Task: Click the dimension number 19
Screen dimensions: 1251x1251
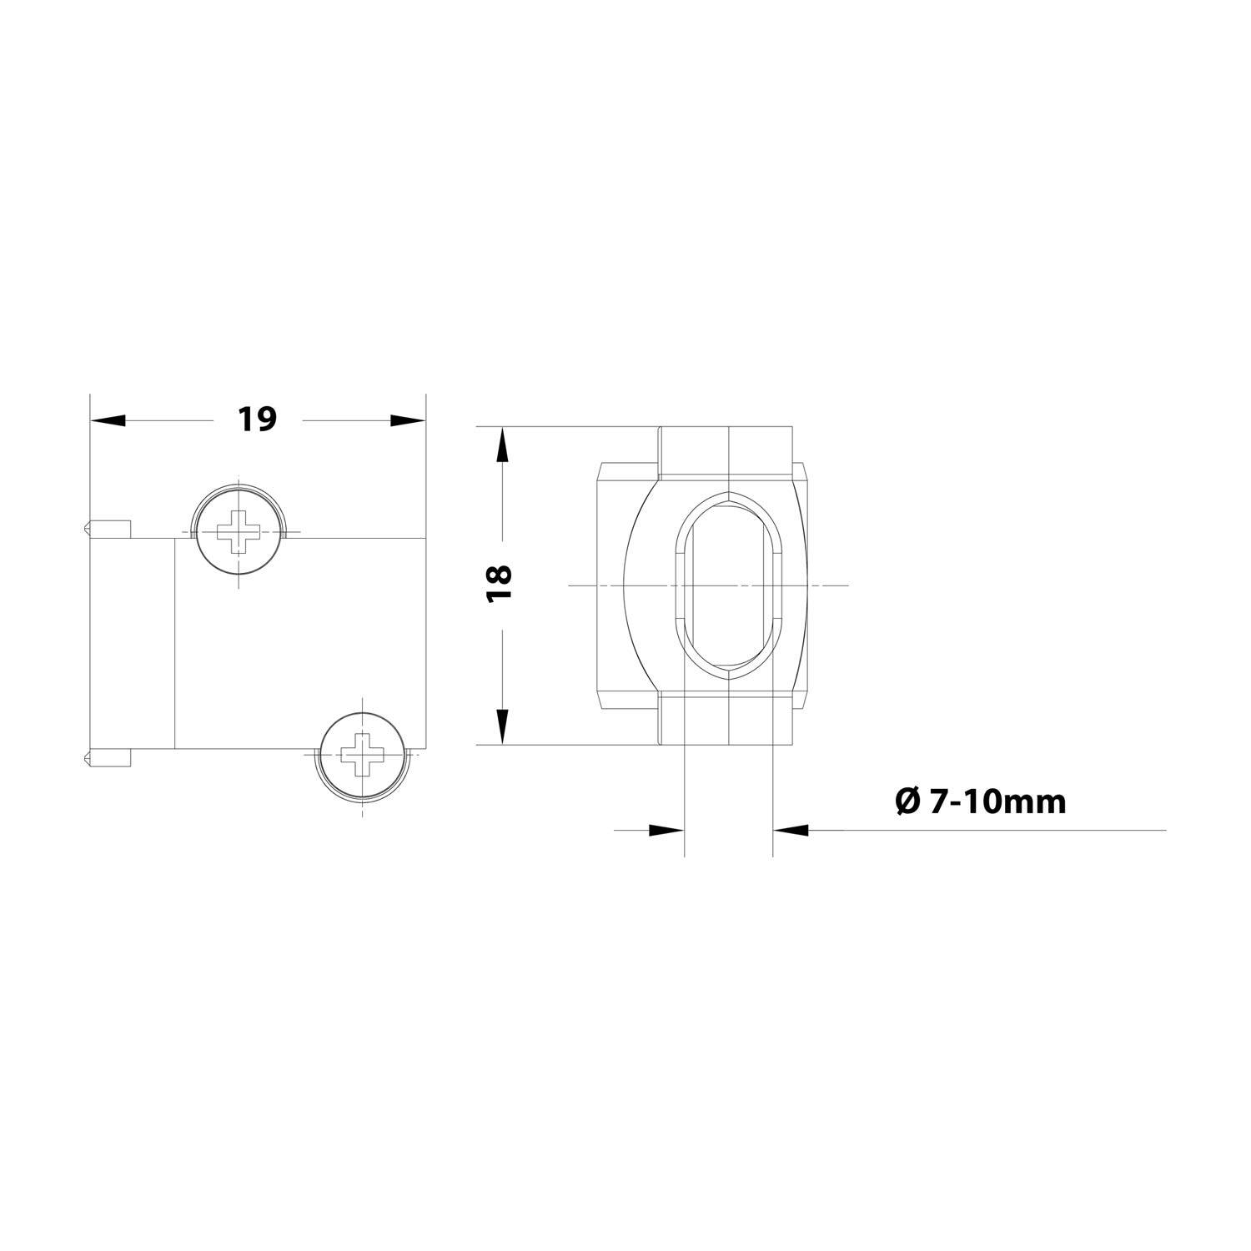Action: coord(256,419)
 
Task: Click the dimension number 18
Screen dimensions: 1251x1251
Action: coord(501,584)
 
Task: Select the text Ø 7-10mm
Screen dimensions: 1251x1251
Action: coord(980,801)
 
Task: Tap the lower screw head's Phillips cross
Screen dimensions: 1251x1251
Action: coord(363,755)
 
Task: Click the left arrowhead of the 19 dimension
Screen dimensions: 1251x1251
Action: coord(108,420)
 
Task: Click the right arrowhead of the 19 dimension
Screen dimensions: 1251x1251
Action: coord(408,420)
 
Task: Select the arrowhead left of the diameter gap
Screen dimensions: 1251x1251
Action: coord(666,830)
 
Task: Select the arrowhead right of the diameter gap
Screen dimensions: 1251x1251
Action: coord(791,830)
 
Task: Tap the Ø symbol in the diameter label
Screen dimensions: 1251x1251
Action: coord(907,801)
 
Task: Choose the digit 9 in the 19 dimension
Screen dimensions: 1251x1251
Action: coord(266,419)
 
